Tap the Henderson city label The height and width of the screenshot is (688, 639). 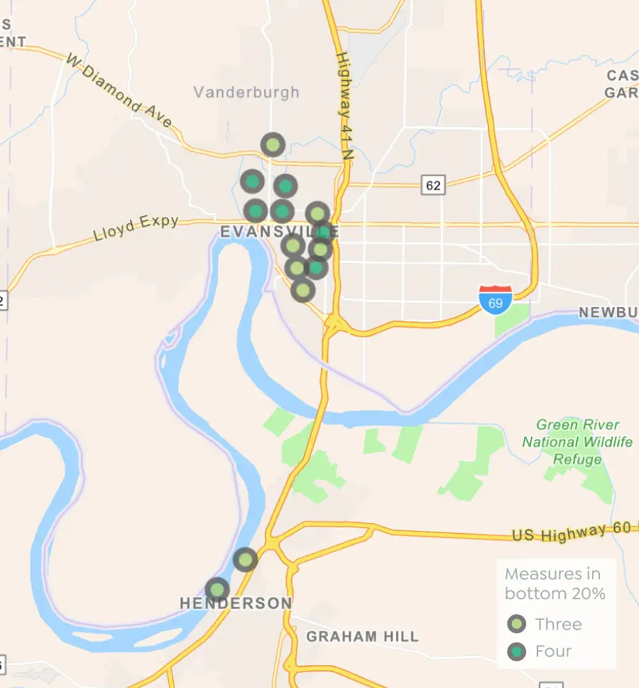236,603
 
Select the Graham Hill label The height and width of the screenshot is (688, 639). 362,637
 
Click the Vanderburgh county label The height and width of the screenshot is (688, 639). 246,92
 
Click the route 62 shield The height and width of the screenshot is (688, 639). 433,186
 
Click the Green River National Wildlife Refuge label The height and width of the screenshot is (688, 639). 577,442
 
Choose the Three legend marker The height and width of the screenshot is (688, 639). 517,624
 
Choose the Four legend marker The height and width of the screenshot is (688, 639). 517,651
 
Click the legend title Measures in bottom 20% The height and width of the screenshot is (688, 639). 553,584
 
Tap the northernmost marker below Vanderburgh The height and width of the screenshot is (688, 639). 273,145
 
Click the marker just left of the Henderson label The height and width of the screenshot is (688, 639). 217,589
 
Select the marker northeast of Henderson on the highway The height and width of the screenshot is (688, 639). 245,560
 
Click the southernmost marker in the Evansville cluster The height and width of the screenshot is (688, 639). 303,290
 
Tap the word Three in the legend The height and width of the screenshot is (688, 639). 559,624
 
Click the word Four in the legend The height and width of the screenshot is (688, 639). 554,651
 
